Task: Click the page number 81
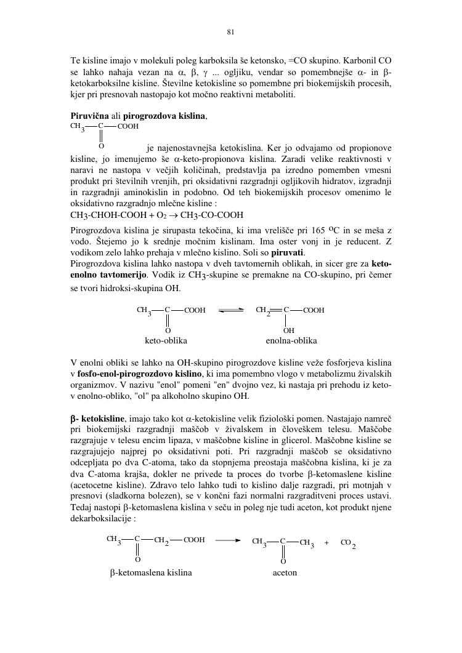coord(230,32)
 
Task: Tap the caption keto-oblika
coord(166,340)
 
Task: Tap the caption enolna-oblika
coord(291,340)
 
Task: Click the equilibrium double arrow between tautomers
coord(231,311)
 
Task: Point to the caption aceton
coord(285,572)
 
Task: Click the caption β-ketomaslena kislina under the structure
coord(151,572)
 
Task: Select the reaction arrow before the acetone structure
coord(228,540)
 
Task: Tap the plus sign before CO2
coord(326,542)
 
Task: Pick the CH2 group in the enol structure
coord(262,311)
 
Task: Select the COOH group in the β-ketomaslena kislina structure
coord(194,540)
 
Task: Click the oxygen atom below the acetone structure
coord(283,561)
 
